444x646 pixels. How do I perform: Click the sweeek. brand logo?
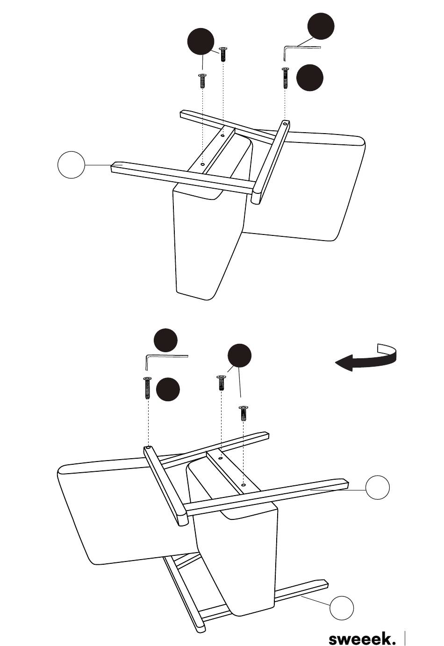(362, 639)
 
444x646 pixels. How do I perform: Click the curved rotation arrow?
(366, 358)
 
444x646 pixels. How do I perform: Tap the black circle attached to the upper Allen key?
(321, 26)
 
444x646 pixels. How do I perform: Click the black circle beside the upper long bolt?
(310, 78)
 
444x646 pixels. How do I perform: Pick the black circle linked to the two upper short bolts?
(201, 42)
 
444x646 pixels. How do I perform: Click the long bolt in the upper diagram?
(285, 78)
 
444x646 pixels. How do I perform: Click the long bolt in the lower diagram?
(147, 388)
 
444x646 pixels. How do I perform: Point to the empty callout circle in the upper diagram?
(71, 165)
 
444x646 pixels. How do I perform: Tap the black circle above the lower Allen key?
(165, 340)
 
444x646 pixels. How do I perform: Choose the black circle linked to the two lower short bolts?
(239, 355)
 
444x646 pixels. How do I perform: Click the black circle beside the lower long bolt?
(168, 389)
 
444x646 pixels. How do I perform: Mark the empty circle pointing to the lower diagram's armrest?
(377, 487)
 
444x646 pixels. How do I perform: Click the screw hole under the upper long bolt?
(285, 123)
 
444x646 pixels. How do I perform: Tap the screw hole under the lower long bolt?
(148, 448)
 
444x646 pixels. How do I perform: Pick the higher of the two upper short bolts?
(223, 54)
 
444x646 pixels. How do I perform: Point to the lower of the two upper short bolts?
(201, 81)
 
